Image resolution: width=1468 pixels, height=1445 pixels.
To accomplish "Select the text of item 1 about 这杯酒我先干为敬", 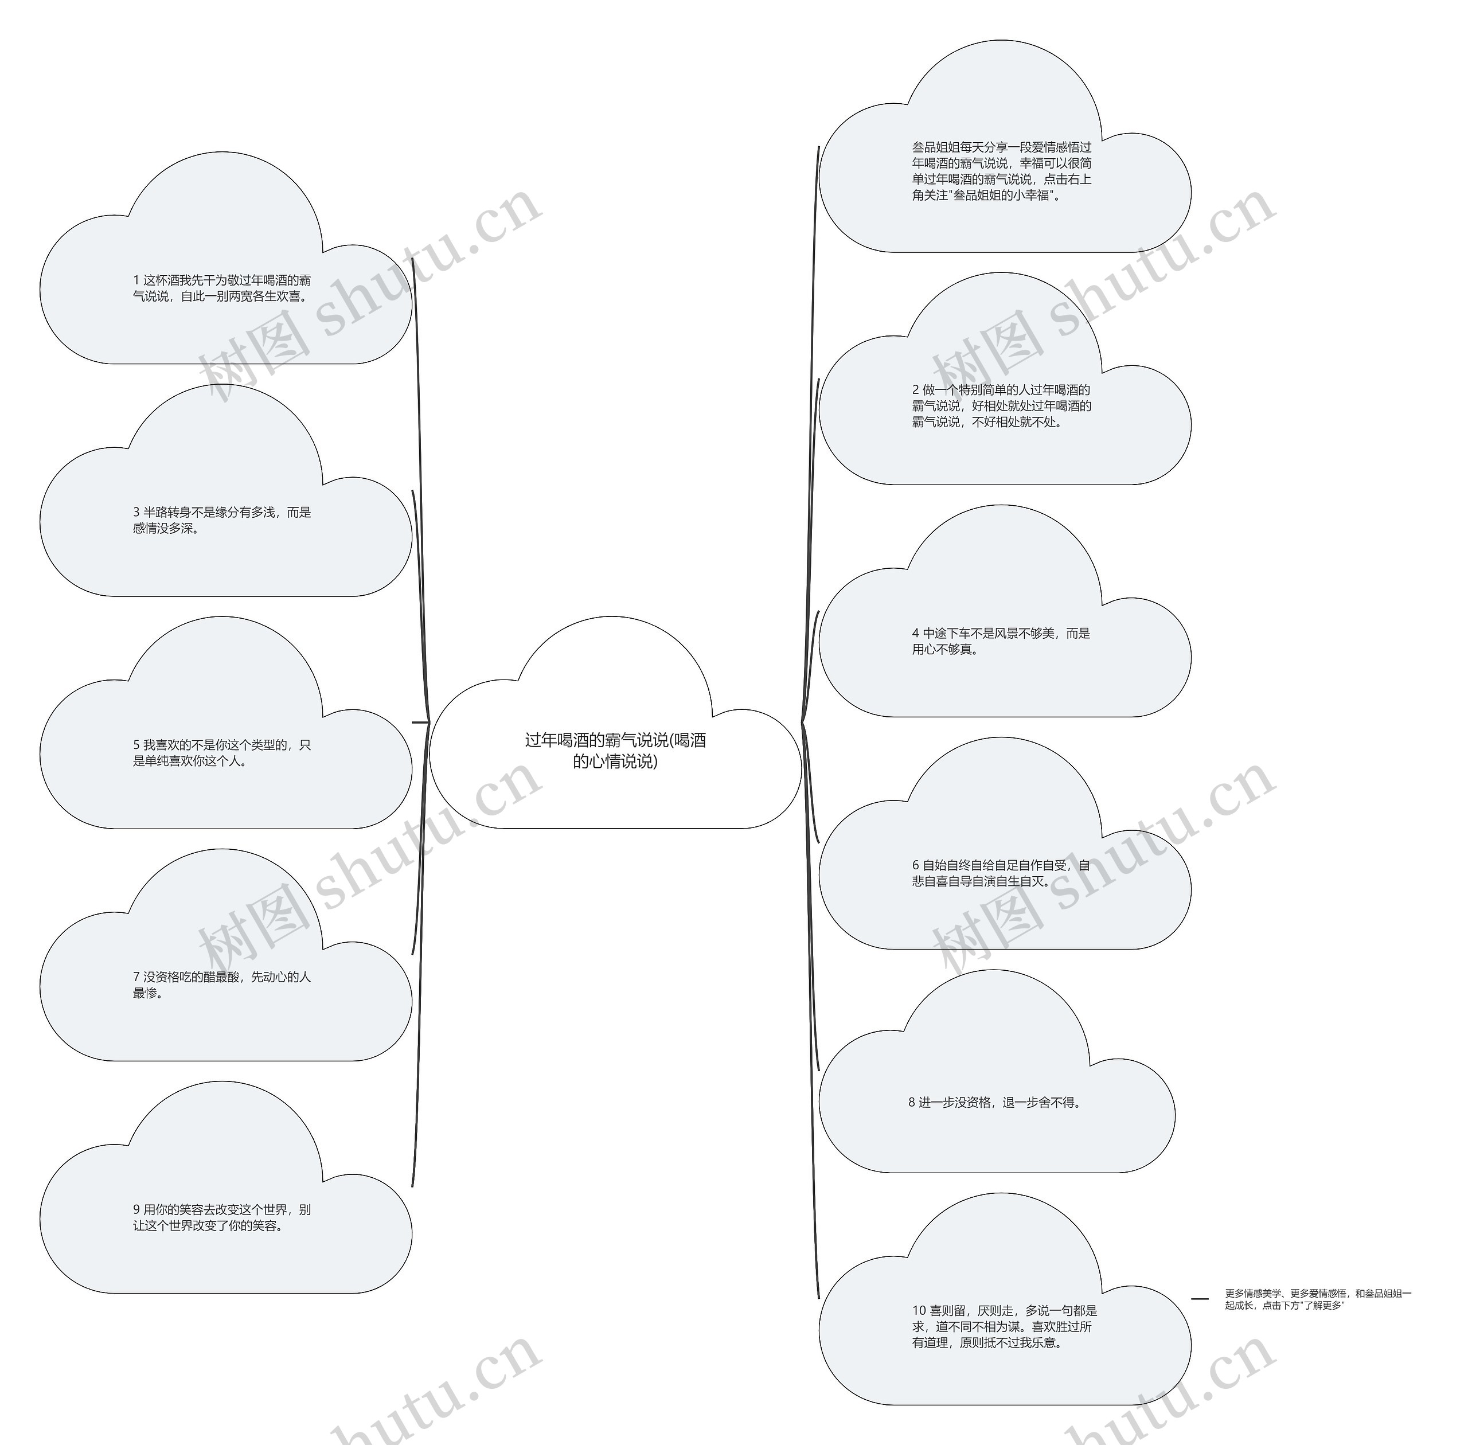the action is tap(222, 288).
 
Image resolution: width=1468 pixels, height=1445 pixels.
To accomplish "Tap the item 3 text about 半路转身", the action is tap(222, 521).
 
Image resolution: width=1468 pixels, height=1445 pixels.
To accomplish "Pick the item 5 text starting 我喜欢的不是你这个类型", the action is tap(222, 753).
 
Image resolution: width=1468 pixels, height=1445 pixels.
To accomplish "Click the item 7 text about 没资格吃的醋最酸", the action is tap(222, 985).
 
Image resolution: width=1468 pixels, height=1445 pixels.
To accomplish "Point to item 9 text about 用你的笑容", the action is tap(222, 1217).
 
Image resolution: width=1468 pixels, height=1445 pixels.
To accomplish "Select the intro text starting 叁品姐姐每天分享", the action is tap(1002, 171).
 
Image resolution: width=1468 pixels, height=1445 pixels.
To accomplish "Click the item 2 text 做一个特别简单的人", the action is tap(1002, 406).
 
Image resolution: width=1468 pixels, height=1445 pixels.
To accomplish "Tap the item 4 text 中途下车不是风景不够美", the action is tap(1001, 641).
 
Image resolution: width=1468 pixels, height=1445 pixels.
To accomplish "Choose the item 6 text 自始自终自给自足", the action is tap(1001, 873).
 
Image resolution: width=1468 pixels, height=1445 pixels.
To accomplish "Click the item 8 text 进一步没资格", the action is tap(994, 1103).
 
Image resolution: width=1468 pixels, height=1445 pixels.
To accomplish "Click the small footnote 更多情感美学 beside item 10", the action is tap(1318, 1299).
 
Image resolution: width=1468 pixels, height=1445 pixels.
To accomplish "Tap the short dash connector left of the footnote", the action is tap(1200, 1299).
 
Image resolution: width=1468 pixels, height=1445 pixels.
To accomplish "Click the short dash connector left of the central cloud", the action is tap(420, 722).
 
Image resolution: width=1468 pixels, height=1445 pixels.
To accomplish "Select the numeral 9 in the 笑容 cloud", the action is tap(136, 1210).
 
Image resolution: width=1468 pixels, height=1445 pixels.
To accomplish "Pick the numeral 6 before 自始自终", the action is tap(915, 866).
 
